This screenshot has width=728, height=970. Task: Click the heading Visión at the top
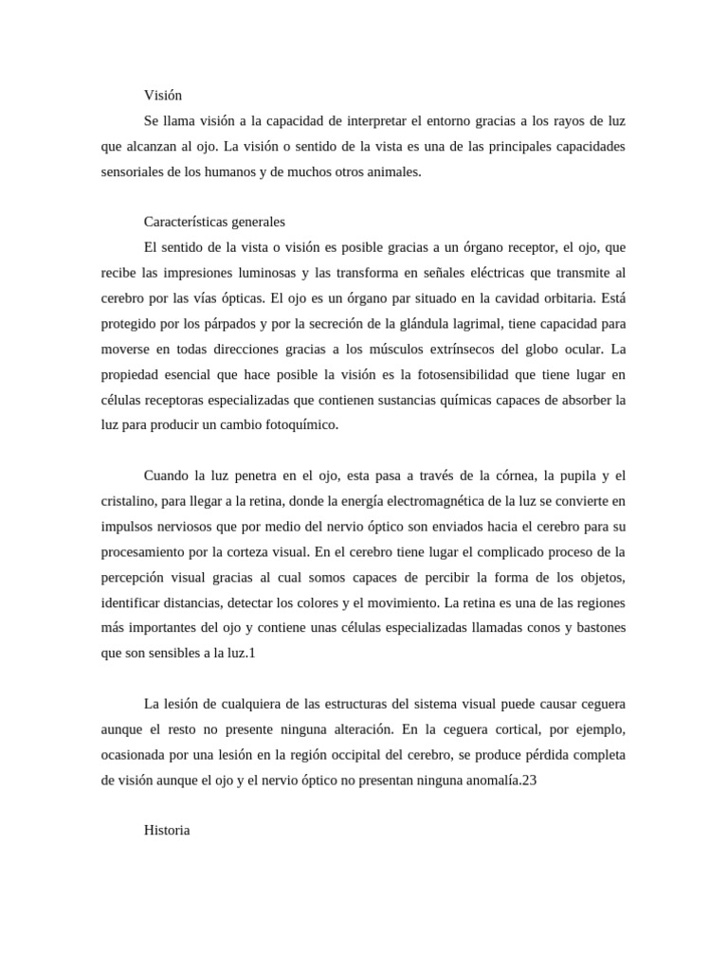(162, 96)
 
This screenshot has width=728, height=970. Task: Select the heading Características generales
(214, 222)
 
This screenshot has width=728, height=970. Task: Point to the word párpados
(223, 324)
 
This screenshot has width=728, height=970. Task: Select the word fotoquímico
(299, 425)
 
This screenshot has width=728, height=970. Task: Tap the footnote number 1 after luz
(252, 653)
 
